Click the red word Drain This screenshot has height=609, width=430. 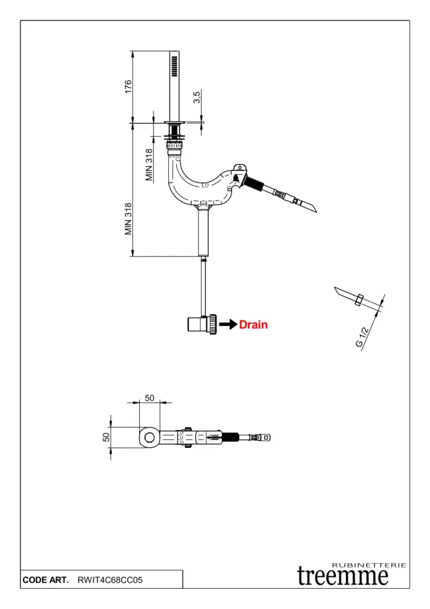coord(253,325)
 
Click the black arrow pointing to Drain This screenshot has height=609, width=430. coord(228,325)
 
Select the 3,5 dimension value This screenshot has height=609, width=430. coord(197,98)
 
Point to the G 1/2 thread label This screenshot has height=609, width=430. coord(363,337)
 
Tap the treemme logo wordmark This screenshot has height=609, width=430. coord(343,576)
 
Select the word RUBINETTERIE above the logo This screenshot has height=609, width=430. coord(369,564)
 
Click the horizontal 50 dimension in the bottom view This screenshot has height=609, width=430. coord(150,397)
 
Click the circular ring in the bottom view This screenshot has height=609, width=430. coord(150,438)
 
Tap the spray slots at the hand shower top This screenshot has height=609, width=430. coord(175,65)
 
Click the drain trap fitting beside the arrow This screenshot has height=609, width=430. coord(202,325)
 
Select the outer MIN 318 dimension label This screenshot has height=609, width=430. coord(128,219)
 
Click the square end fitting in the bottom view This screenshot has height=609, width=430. coord(267,438)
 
